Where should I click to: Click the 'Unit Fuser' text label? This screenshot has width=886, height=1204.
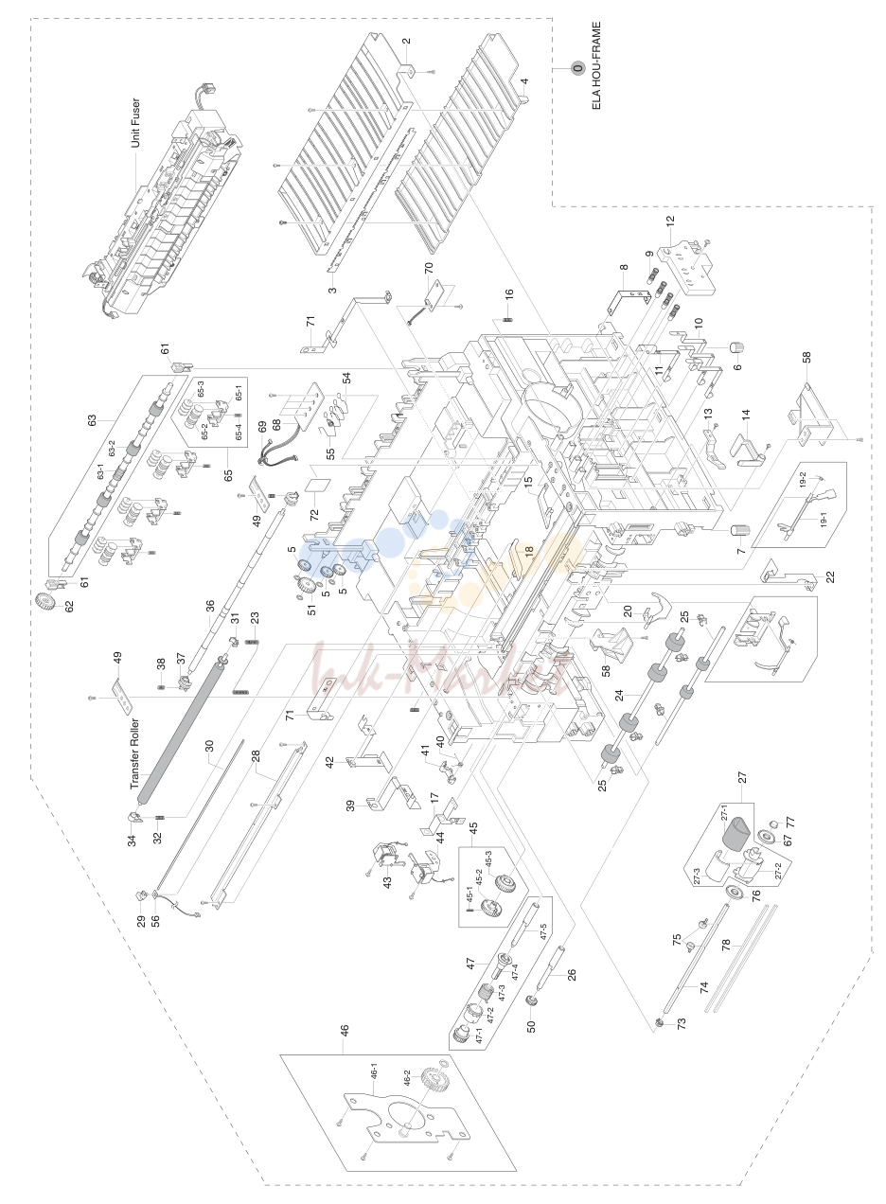[135, 122]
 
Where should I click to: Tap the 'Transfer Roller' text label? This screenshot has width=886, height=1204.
[134, 753]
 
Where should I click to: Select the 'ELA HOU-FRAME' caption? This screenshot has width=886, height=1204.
[596, 65]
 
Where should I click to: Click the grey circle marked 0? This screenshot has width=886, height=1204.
[578, 69]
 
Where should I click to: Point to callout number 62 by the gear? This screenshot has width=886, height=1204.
[68, 606]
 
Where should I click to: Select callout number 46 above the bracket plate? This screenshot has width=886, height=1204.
[344, 1031]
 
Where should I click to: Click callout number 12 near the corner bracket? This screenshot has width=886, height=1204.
[670, 221]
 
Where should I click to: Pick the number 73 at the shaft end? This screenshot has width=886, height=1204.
[682, 1024]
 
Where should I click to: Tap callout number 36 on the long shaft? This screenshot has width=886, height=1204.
[210, 606]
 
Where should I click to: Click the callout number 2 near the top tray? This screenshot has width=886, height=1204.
[406, 41]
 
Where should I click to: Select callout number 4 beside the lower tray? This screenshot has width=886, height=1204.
[524, 81]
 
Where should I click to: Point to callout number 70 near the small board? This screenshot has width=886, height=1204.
[429, 268]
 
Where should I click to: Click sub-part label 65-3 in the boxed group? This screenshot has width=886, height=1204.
[201, 389]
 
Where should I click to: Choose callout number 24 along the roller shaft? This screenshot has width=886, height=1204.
[619, 695]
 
